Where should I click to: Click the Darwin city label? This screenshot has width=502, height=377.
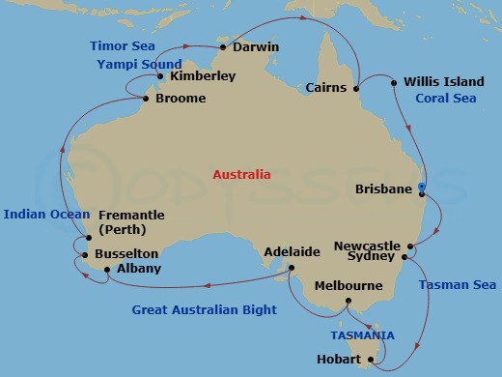click(256, 45)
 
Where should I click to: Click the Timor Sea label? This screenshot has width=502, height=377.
click(123, 45)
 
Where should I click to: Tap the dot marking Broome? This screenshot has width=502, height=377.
click(147, 99)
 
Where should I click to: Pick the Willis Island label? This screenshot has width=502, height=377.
click(444, 82)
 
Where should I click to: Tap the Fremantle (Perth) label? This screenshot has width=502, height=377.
click(131, 222)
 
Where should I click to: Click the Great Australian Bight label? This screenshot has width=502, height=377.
click(205, 310)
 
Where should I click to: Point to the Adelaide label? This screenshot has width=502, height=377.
click(292, 252)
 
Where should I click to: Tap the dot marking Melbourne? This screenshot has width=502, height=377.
click(348, 302)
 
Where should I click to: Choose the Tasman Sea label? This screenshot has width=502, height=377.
click(458, 284)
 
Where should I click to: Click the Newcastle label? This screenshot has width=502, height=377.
click(366, 246)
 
